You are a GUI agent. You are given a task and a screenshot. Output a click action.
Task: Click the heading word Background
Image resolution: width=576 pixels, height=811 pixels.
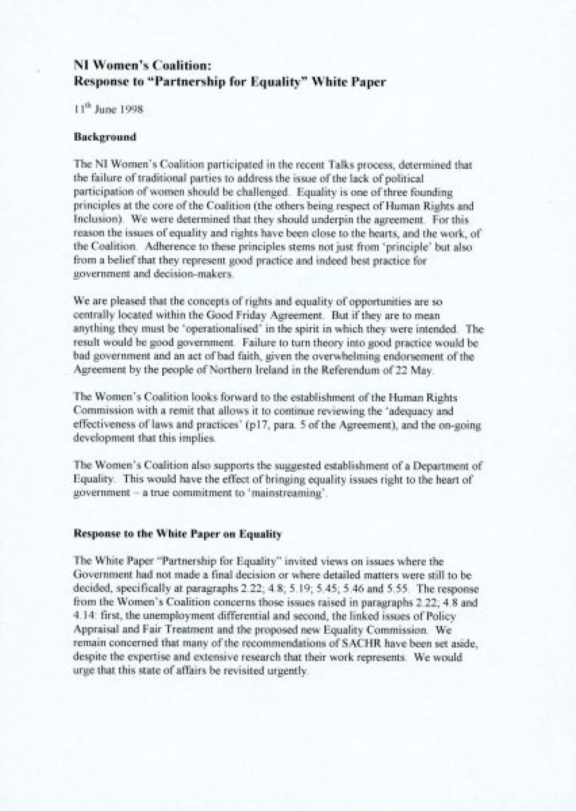point(105,137)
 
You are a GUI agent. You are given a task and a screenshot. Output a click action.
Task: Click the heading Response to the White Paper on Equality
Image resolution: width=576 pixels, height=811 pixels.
point(177,535)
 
